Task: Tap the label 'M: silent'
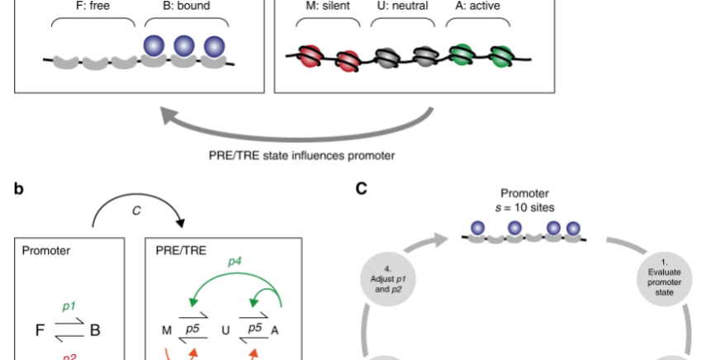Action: (x=324, y=7)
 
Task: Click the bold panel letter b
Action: (x=19, y=188)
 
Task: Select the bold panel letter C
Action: (x=361, y=188)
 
